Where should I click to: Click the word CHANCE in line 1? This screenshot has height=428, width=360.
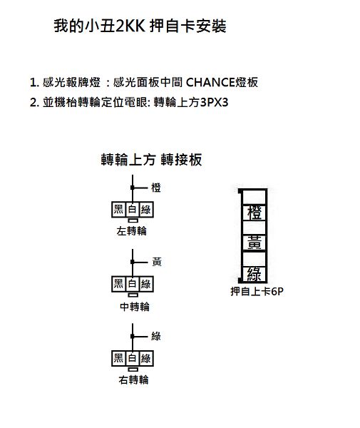210,82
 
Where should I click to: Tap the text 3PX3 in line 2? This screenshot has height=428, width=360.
214,102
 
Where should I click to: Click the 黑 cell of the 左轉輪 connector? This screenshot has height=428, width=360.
118,210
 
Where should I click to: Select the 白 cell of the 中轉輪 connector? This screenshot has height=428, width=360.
133,284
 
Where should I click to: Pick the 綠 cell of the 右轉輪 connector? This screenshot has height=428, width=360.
146,358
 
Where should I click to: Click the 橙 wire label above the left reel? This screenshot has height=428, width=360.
156,188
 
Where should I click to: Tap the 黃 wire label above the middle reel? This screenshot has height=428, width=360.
157,262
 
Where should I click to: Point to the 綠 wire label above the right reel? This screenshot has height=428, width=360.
156,336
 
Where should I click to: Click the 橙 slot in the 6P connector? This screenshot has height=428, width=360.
254,213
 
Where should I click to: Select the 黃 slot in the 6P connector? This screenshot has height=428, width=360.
254,243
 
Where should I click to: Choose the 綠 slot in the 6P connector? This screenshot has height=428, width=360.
254,274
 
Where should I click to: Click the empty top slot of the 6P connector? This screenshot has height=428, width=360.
254,197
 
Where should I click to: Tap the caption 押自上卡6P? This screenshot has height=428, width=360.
257,292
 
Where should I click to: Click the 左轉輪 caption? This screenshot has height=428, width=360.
131,231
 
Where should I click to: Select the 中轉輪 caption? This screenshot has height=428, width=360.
135,307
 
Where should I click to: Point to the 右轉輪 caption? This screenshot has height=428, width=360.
133,380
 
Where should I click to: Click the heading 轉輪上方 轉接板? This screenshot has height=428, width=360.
151,160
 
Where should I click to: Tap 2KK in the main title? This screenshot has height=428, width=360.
130,26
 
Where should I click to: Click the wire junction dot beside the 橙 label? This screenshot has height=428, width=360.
133,188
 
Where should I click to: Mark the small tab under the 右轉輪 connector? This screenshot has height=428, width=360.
133,370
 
